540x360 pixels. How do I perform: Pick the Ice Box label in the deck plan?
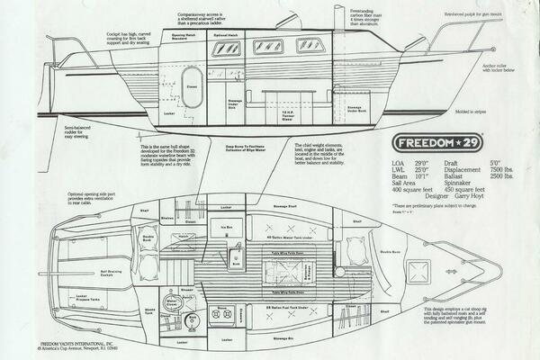click(x=229, y=228)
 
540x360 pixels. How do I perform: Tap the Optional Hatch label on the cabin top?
click(x=224, y=35)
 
